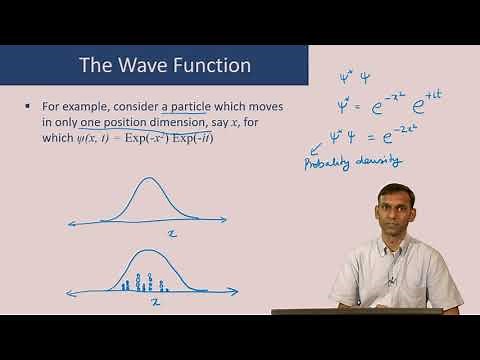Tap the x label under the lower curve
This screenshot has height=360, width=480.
[154, 301]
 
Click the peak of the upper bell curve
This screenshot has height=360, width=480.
[147, 181]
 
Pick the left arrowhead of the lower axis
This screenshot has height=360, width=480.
[71, 293]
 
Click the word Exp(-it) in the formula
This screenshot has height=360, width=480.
[193, 137]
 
